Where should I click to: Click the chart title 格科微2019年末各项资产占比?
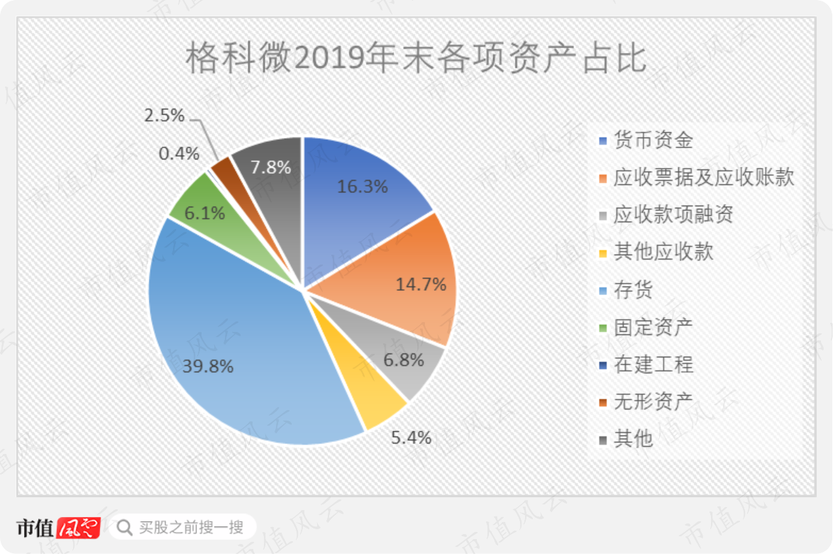tap(416, 58)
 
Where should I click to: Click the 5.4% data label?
tap(411, 437)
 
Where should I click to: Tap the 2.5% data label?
tap(164, 115)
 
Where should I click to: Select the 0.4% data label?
tap(179, 153)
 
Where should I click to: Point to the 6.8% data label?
tap(404, 360)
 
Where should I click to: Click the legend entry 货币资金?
tap(646, 140)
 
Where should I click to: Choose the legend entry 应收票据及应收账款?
tap(697, 177)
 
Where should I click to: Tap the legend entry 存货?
tap(626, 290)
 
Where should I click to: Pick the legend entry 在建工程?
tap(646, 365)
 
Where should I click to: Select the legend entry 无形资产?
tap(646, 402)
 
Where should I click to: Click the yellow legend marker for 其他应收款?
tap(603, 253)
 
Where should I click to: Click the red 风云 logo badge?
tap(79, 528)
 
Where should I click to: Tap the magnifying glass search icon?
tap(124, 528)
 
